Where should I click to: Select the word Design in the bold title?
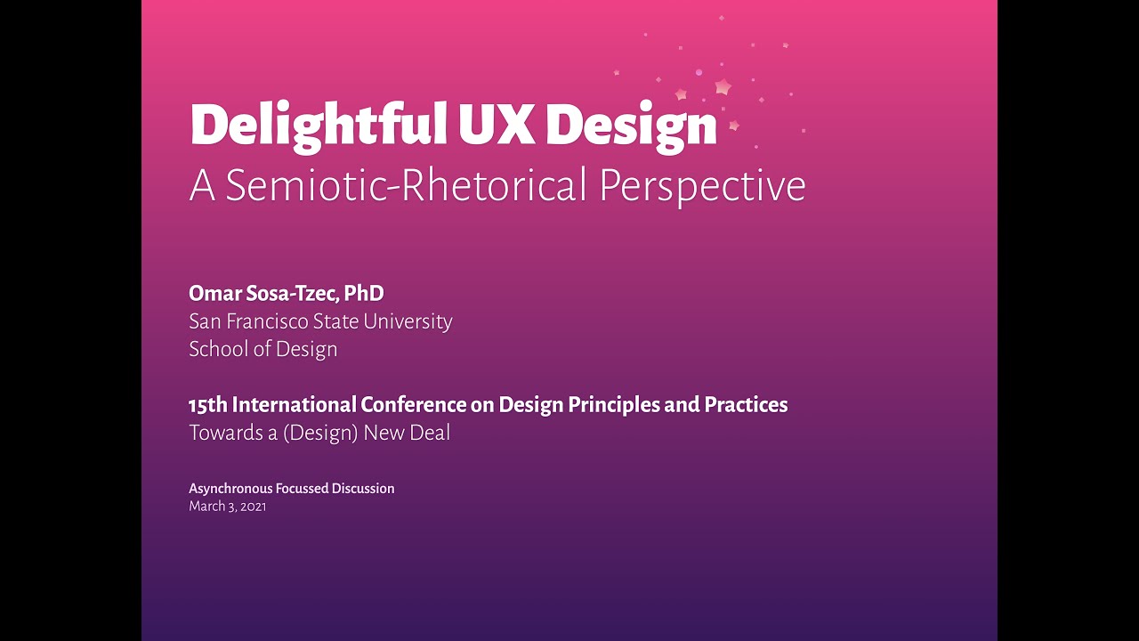coord(631,126)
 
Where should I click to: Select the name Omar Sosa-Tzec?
coord(263,293)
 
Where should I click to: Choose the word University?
coord(407,321)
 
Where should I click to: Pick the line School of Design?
coord(263,349)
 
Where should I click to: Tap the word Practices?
coord(746,405)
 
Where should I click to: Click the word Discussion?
coord(363,489)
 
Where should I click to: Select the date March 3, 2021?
coord(227,507)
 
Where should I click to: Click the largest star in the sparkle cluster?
coord(723,87)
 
